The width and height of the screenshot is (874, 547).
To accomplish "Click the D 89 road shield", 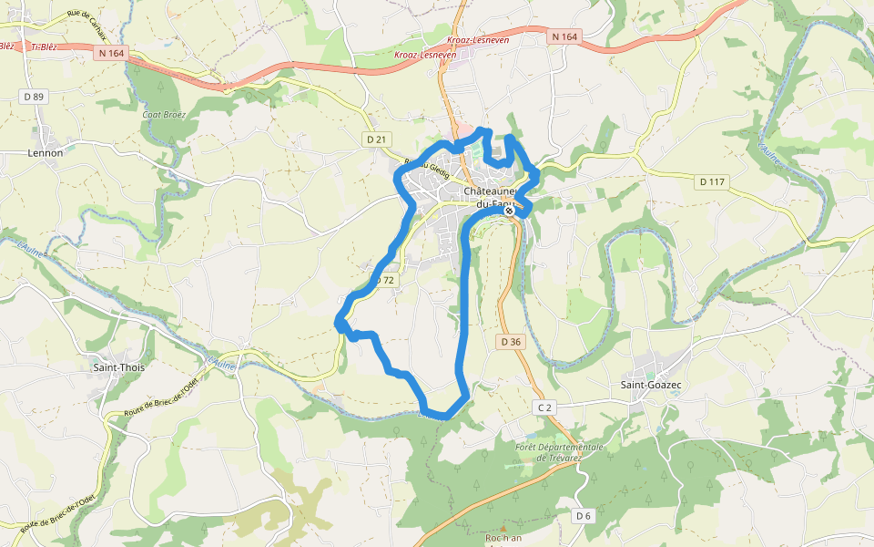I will click(x=35, y=96).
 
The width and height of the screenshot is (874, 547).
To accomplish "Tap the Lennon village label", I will click(x=46, y=152).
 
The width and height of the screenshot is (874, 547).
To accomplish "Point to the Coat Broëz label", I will click(x=164, y=115).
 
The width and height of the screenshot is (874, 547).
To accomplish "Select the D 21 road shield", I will click(x=376, y=139).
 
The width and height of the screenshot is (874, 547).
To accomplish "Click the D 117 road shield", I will click(x=713, y=182).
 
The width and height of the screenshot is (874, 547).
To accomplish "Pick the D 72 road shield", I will click(x=385, y=280).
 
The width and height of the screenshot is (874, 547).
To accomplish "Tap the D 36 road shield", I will click(x=511, y=341).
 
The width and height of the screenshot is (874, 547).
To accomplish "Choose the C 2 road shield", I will click(x=544, y=408).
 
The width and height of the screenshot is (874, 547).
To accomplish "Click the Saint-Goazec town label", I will click(x=651, y=386).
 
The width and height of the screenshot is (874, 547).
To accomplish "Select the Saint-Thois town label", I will click(x=119, y=367).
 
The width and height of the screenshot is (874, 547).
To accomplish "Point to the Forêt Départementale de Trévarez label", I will click(x=560, y=452).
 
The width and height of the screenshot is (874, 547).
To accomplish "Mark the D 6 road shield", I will click(x=584, y=516).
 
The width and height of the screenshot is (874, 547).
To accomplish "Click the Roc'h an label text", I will click(x=503, y=538).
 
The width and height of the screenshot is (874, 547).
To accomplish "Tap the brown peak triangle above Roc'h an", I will click(x=503, y=527).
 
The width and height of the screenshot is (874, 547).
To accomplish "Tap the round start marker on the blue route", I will click(x=510, y=211).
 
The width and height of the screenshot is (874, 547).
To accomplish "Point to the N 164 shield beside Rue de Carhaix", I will click(x=111, y=53).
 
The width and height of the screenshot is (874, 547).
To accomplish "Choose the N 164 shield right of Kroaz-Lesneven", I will click(x=564, y=36).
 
